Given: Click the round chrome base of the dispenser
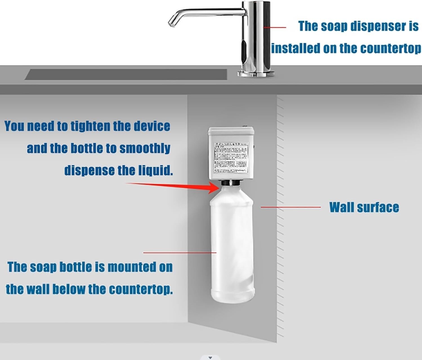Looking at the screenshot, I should pyautogui.click(x=256, y=74).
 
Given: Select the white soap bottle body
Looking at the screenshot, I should pyautogui.click(x=232, y=248).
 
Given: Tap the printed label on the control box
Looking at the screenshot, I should pyautogui.click(x=231, y=157).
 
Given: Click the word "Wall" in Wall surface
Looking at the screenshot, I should pyautogui.click(x=340, y=207).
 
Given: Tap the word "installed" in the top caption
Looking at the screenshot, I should pyautogui.click(x=295, y=48).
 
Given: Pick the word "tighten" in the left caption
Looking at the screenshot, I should pyautogui.click(x=91, y=126).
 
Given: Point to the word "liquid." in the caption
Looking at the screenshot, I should pyautogui.click(x=155, y=170).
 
